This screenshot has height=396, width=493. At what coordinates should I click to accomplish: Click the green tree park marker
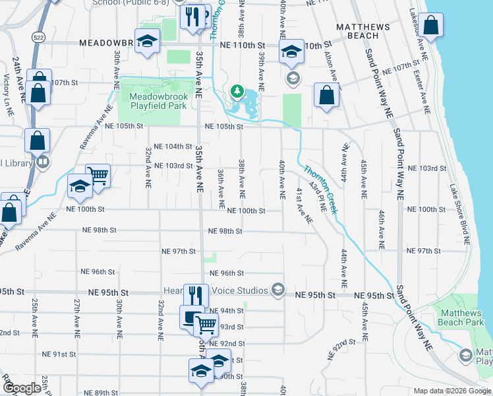237,91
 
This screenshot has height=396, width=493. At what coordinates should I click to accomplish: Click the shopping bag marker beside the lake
430,26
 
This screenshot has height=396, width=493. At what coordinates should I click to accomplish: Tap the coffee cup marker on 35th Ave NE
191,317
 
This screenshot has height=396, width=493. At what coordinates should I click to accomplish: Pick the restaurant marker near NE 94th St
196,296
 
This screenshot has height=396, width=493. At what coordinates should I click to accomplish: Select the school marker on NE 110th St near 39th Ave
291,53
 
